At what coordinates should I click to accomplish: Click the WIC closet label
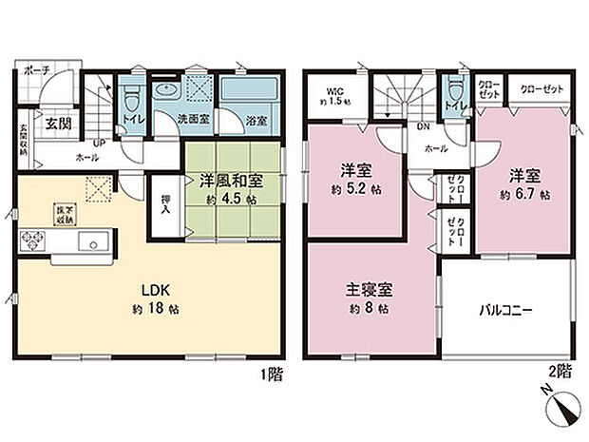click(x=332, y=93)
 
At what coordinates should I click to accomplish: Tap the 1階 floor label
click(x=272, y=375)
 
